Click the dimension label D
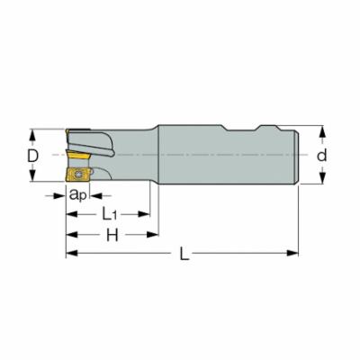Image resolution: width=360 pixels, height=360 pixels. tap(32, 156)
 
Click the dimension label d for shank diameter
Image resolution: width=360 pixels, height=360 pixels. tap(322, 156)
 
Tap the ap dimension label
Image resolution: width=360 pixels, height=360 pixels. tap(78, 195)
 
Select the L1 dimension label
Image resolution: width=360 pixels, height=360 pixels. tap(109, 214)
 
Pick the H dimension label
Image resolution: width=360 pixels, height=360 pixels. tap(112, 236)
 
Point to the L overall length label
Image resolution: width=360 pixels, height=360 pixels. tap(184, 255)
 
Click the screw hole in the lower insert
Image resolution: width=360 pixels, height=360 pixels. tap(79, 175)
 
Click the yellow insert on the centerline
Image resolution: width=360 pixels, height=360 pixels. tap(78, 157)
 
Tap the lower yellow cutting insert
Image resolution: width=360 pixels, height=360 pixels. tap(78, 175)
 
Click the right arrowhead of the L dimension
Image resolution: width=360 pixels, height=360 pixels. tap(292, 253)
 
